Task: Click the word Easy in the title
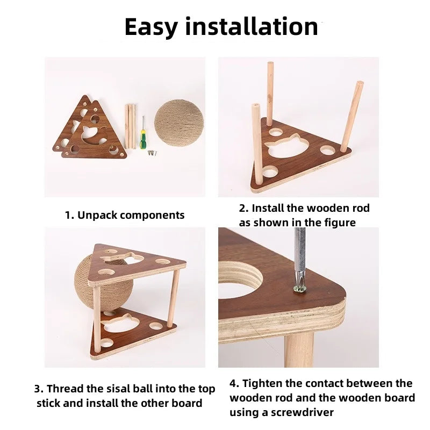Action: [x=151, y=27]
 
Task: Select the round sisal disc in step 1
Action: [x=179, y=123]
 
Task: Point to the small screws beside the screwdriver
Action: [x=152, y=153]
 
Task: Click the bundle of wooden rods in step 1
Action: [x=131, y=126]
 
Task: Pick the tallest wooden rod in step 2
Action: [x=270, y=93]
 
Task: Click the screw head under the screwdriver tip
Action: [x=299, y=289]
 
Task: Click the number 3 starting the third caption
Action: [x=38, y=389]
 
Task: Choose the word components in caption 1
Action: [x=153, y=216]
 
